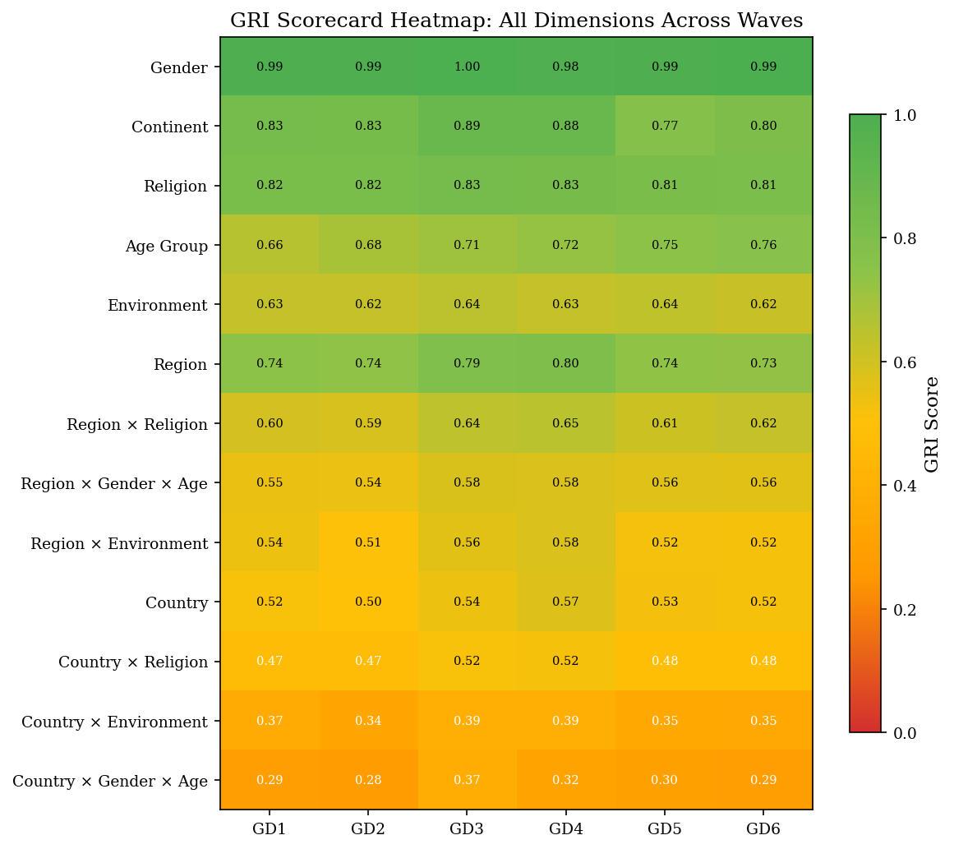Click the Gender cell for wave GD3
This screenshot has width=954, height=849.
tap(467, 67)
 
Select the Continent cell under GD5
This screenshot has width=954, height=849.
tap(665, 126)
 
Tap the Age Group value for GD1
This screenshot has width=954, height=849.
tap(270, 245)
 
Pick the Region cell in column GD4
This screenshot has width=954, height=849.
tap(565, 363)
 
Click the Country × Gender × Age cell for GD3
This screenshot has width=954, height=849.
tap(467, 780)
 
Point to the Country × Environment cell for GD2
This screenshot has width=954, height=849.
tap(368, 721)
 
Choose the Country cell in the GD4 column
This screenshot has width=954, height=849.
tap(565, 602)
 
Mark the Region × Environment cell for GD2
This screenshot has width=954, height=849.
tap(368, 542)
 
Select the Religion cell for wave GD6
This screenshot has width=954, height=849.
tap(763, 185)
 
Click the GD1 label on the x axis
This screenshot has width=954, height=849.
tap(270, 828)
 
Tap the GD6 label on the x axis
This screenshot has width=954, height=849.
tap(763, 828)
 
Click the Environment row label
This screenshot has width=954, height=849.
tap(157, 306)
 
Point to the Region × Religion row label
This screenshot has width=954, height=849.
tap(137, 425)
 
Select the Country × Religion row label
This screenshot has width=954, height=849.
tap(133, 662)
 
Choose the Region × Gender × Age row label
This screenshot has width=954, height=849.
tap(114, 484)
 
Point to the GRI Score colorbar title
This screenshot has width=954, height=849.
tap(932, 424)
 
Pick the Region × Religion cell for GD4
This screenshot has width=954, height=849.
tap(565, 423)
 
